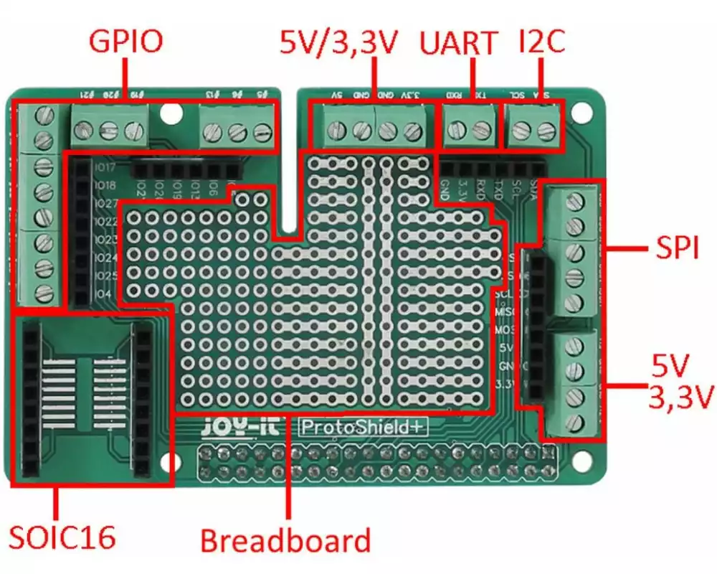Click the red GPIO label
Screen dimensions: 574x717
click(125, 41)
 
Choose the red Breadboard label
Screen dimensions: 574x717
click(285, 540)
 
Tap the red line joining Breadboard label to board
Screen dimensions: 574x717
click(288, 466)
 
